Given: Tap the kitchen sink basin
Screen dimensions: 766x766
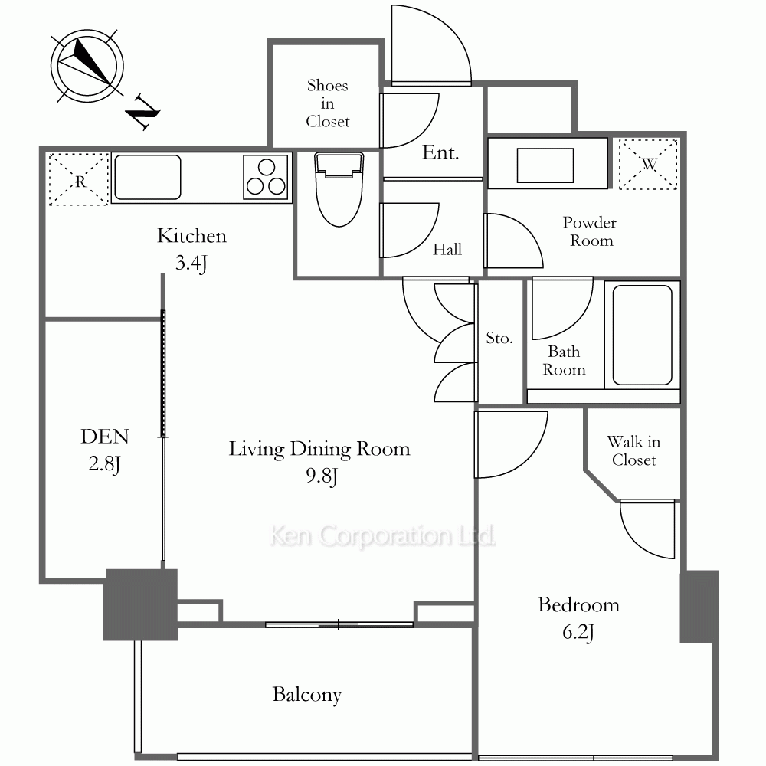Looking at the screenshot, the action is [148, 177].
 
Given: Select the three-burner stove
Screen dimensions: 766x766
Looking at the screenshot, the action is [266, 178].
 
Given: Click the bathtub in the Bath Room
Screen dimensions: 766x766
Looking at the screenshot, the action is [643, 336].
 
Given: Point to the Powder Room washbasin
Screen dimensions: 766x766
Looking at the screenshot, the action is [545, 165].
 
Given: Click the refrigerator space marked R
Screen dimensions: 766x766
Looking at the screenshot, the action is [79, 179].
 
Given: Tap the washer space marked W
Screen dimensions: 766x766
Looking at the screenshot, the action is [648, 165].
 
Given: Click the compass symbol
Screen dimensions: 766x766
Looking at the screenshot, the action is [87, 66].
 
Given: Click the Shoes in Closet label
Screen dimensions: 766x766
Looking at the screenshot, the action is [328, 103].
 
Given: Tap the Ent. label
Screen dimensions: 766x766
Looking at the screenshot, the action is [440, 152].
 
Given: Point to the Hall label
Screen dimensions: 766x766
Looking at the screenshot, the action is [447, 250].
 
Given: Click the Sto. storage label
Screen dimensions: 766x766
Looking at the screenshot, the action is [499, 338].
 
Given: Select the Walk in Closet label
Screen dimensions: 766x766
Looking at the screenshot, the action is [633, 450].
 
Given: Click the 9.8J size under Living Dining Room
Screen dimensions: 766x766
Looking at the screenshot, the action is [322, 476].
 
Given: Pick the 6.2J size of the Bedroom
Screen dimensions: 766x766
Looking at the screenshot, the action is [578, 632].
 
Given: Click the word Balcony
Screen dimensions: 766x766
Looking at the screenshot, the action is [307, 695].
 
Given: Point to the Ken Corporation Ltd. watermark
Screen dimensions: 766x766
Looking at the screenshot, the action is [382, 536].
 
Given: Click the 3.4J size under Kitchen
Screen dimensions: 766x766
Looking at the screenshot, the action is [191, 263].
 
